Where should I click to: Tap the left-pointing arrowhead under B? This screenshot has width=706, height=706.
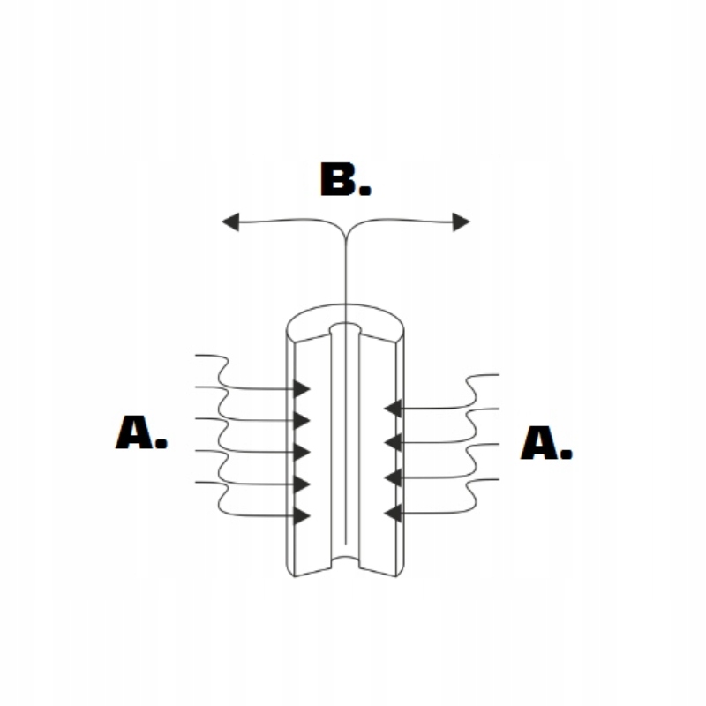tap(231, 222)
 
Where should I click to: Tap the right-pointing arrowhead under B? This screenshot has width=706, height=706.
tap(461, 222)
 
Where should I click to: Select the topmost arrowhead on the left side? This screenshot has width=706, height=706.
tap(302, 388)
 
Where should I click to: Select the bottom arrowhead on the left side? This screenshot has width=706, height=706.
tap(302, 516)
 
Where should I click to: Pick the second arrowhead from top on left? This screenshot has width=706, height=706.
tap(302, 420)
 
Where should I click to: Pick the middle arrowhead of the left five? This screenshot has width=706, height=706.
tap(302, 453)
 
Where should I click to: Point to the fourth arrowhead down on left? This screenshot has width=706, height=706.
tap(302, 484)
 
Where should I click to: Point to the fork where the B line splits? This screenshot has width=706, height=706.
tap(345, 231)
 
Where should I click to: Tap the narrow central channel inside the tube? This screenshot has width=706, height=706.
tap(345, 441)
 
